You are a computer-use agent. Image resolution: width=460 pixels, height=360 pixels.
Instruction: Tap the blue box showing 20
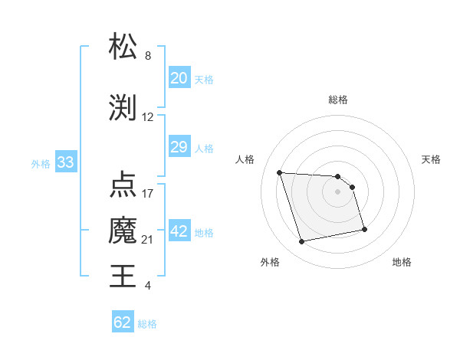click(x=179, y=78)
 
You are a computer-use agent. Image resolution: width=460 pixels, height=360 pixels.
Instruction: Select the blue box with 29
click(x=179, y=147)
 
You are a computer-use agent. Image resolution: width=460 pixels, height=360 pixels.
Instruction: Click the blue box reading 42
click(x=179, y=231)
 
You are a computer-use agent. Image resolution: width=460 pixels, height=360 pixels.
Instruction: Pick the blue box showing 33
click(x=65, y=162)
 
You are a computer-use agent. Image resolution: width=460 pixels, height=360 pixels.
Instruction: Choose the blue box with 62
click(x=123, y=322)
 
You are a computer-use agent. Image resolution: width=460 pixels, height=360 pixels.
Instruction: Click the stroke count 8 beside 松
click(x=148, y=56)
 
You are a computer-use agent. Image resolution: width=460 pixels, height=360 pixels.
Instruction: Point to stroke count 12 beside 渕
click(x=148, y=117)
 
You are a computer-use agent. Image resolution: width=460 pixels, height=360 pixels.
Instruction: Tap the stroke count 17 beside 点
click(x=148, y=193)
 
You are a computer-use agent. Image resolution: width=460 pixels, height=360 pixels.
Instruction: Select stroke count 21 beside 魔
click(x=148, y=240)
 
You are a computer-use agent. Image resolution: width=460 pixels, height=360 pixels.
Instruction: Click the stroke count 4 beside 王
click(x=148, y=286)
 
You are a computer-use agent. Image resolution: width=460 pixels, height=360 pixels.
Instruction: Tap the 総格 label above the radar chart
click(x=338, y=100)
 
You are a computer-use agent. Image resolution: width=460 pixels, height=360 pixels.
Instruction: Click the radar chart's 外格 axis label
click(x=270, y=262)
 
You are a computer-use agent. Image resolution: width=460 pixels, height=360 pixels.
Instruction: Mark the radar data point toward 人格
click(x=280, y=172)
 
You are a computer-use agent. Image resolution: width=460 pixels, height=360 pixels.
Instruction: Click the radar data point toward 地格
click(x=364, y=229)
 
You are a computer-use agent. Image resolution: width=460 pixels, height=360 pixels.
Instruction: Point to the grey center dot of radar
click(x=338, y=191)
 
